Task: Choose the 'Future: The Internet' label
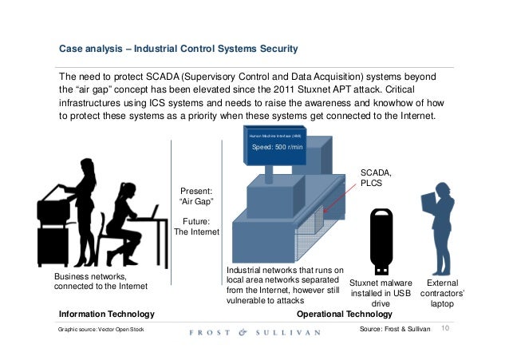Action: click(x=195, y=227)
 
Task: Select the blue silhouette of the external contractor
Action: click(x=444, y=227)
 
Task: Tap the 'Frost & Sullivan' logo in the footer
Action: click(x=254, y=330)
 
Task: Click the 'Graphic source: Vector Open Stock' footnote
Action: click(x=97, y=330)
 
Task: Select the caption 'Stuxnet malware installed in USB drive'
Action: click(x=381, y=293)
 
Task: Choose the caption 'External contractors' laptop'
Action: click(x=444, y=293)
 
